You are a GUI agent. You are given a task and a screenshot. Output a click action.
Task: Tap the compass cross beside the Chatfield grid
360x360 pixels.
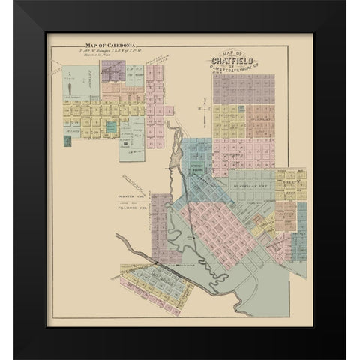tap(201, 109)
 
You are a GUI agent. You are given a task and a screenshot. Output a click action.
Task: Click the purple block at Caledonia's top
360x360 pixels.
tap(113, 68)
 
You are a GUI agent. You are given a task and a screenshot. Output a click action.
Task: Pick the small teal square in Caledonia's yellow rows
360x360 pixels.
tap(111, 127)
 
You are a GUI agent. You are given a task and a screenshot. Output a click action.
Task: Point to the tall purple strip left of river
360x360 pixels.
tap(161, 217)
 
